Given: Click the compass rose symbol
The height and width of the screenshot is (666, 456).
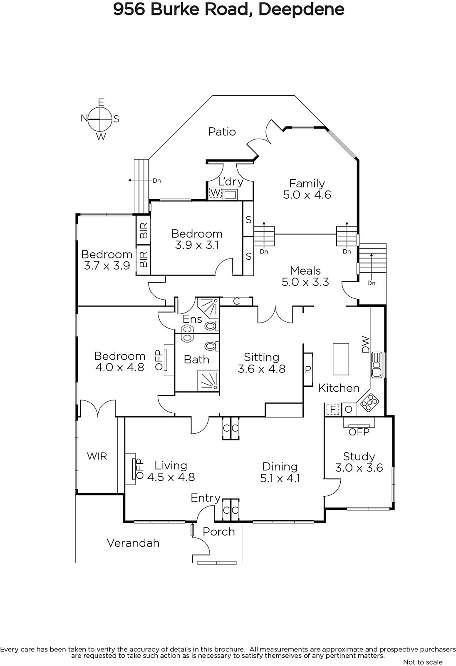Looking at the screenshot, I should tap(100, 119).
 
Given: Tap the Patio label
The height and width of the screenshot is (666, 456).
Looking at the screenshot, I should tap(222, 132).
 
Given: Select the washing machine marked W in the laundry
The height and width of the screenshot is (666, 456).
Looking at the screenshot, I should tap(215, 193).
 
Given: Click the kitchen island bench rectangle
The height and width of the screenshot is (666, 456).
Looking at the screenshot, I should tap(341, 359).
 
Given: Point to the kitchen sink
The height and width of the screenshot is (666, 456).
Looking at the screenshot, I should tap(377, 365).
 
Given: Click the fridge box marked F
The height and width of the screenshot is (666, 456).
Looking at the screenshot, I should tap(333, 410).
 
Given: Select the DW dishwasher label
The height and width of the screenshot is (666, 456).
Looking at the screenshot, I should tap(366, 344).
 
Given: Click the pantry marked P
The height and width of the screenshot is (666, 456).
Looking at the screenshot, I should tap(308, 369).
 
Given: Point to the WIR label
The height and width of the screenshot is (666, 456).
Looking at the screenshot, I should tap(97, 456).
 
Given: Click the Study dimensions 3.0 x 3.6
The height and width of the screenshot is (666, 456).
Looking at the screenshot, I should tap(359, 468).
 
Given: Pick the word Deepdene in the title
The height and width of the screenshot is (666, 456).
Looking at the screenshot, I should tap(301, 9).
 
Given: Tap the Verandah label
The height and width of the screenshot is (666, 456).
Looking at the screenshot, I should tap(133, 543).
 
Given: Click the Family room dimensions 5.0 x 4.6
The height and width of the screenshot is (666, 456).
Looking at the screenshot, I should tap(307, 195).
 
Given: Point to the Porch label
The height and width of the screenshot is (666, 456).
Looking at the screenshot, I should tap(219, 532).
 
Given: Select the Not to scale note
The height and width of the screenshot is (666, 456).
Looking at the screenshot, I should tap(423, 662).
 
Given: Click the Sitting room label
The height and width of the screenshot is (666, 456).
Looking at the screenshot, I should tap(261, 357).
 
